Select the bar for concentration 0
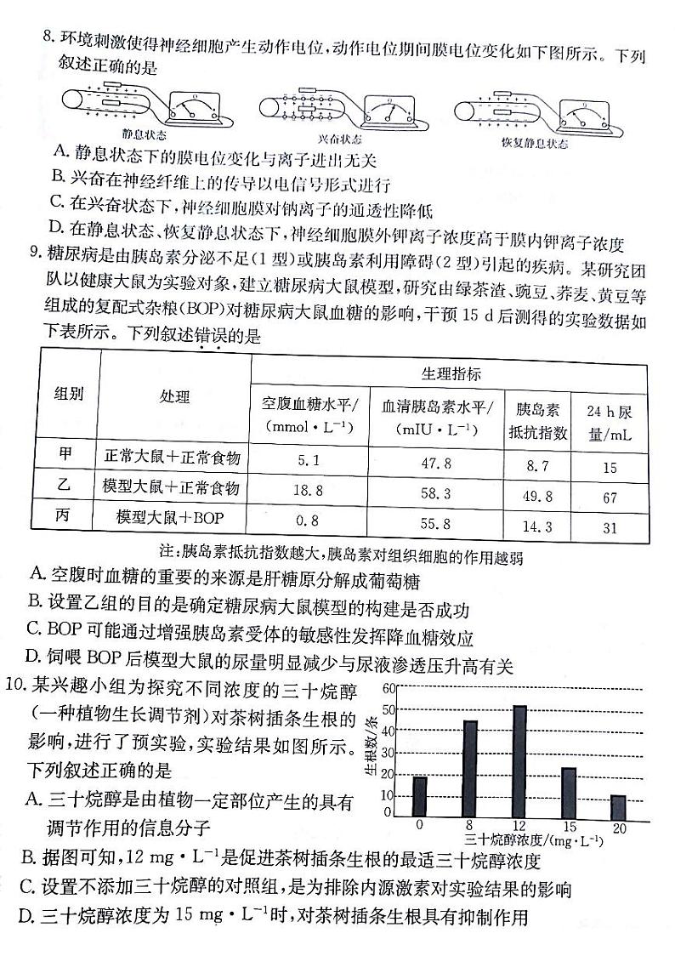pos(420,795)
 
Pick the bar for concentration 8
pos(470,768)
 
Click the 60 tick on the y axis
pos(390,688)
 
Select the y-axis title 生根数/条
pos(372,746)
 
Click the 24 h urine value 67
pos(610,498)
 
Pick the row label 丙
pos(64,515)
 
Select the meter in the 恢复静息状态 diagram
pos(582,112)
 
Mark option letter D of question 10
pos(26,917)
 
